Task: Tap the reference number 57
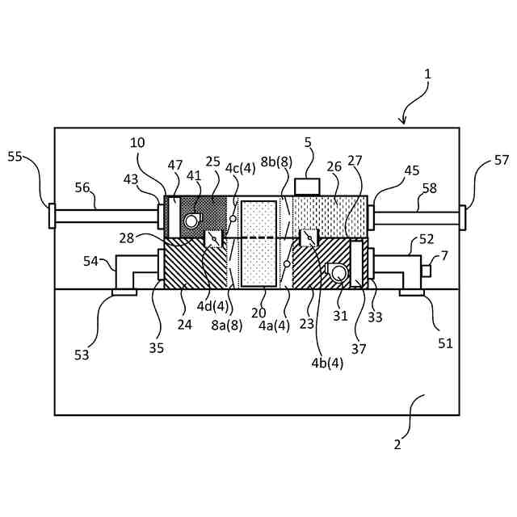[x=502, y=160]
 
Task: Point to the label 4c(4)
[x=240, y=168]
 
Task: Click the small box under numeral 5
[x=307, y=187]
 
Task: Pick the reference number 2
[x=397, y=443]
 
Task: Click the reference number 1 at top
[x=428, y=74]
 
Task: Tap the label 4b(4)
[x=327, y=363]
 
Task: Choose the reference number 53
[x=82, y=354]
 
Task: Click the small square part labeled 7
[x=426, y=271]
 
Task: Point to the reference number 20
[x=258, y=313]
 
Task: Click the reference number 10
[x=137, y=143]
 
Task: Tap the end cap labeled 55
[x=52, y=216]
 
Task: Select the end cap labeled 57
[x=464, y=216]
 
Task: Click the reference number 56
[x=83, y=187]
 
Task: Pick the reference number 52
[x=427, y=240]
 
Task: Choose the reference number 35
[x=156, y=348]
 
